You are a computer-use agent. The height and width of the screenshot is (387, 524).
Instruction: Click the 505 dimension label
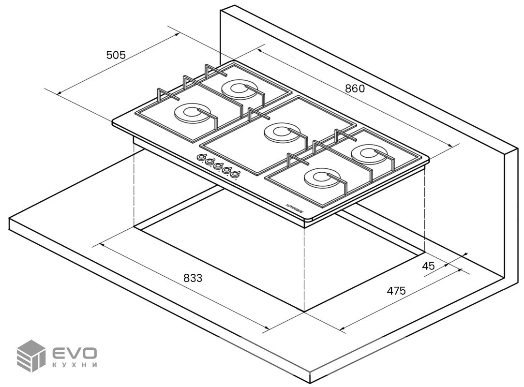point(116,55)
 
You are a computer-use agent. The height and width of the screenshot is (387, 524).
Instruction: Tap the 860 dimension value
point(355,89)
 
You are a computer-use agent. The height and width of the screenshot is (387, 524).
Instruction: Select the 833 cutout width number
point(193,278)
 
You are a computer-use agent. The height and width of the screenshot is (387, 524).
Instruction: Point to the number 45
point(428,266)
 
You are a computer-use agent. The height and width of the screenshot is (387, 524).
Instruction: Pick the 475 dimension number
point(396,291)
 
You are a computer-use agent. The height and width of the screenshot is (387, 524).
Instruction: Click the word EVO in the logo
point(75,353)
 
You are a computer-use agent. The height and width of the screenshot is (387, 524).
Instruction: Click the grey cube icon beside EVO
point(30,356)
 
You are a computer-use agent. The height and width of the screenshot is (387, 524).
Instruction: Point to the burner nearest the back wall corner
point(237,88)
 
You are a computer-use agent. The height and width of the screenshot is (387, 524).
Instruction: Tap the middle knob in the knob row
point(218,165)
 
